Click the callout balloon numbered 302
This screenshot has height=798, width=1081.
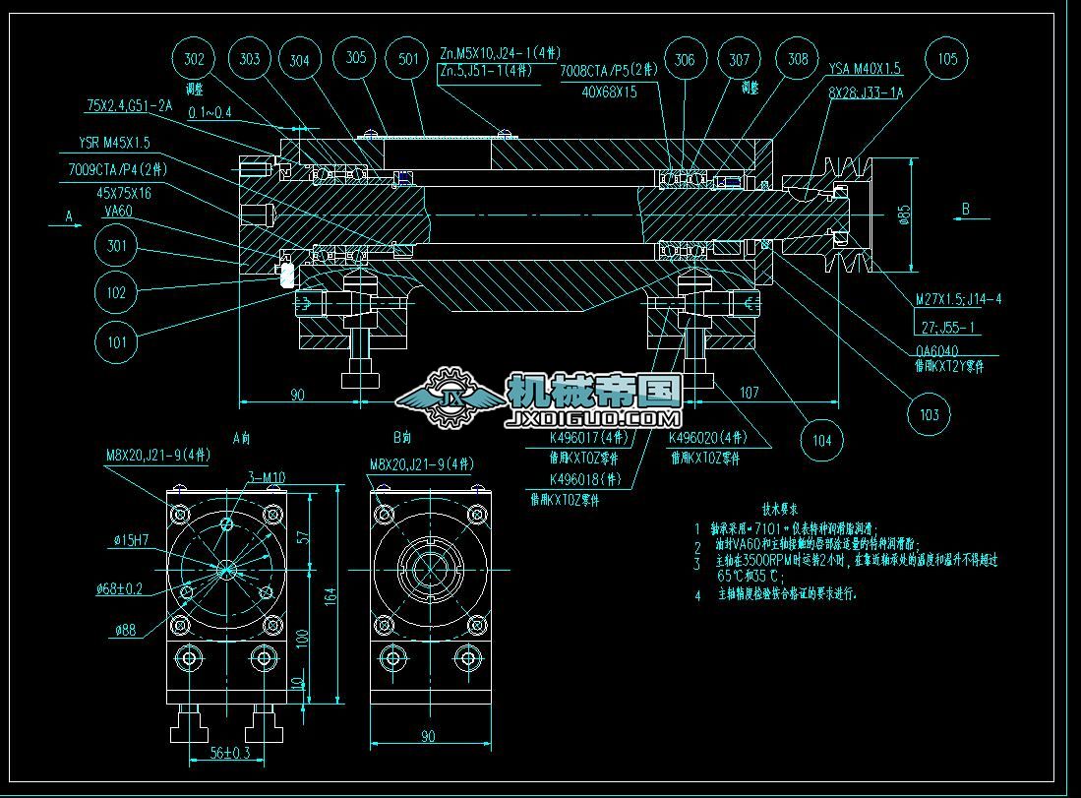[x=194, y=60]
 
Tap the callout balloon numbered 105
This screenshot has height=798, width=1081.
[x=946, y=60]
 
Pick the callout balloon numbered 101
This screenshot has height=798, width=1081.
[x=117, y=342]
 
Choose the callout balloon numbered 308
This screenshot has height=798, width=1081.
[x=798, y=60]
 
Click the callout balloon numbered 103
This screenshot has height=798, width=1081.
[x=929, y=415]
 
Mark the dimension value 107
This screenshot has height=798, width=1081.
[x=749, y=393]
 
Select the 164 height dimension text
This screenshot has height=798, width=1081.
[x=330, y=594]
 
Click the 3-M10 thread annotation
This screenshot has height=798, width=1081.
[x=265, y=478]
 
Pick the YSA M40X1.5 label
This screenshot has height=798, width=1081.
[x=865, y=69]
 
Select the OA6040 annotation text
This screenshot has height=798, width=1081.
[x=935, y=349]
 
